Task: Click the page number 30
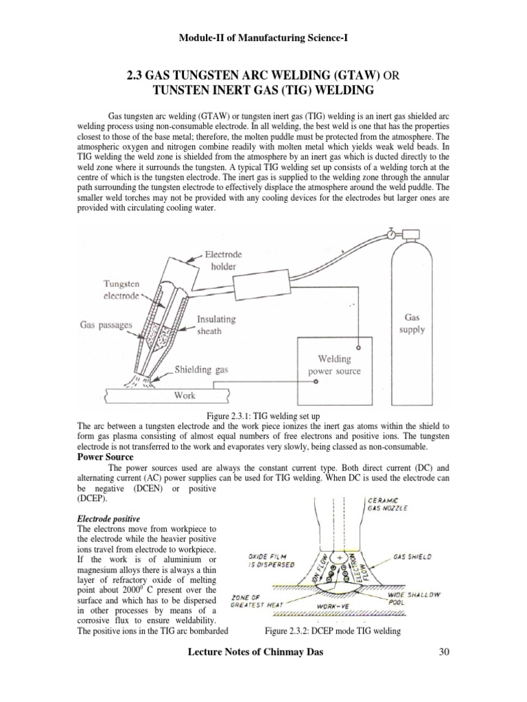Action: click(443, 670)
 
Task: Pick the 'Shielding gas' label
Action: click(201, 370)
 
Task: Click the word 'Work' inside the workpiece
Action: click(185, 396)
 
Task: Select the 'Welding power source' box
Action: click(333, 365)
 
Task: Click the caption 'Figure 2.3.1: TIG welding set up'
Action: click(263, 416)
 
